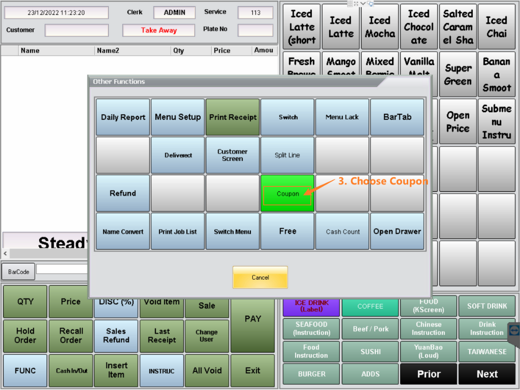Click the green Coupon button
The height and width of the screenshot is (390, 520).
tap(287, 193)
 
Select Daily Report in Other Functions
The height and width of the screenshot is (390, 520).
tap(123, 117)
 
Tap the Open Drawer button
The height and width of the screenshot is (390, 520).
tap(397, 232)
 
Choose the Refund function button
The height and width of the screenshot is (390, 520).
tap(123, 193)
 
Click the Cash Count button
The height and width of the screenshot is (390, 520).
tap(343, 232)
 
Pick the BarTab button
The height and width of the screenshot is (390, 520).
tap(397, 117)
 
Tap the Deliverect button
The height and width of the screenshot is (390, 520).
tap(178, 155)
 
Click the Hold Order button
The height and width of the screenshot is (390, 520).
tap(25, 335)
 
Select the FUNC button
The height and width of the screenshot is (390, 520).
tap(25, 371)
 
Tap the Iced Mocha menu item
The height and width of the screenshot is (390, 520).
tap(379, 27)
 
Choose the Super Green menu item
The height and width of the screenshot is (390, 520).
tap(458, 75)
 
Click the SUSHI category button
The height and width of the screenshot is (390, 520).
tap(370, 351)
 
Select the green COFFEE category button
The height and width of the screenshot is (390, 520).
tap(370, 306)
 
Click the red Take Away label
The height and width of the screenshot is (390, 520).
tap(158, 30)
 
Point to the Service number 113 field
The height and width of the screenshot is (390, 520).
tap(255, 13)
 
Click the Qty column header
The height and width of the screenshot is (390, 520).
tap(179, 51)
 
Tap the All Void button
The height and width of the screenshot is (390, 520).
tap(207, 371)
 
